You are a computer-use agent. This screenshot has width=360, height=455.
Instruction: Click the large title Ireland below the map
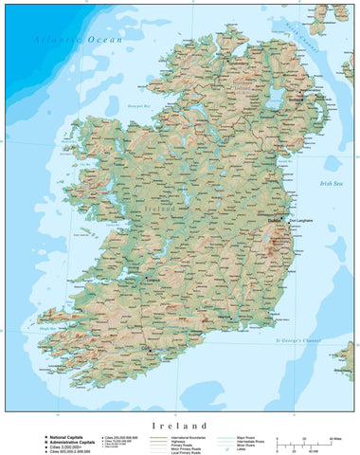179,426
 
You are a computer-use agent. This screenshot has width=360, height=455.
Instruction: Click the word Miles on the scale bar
335,439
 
